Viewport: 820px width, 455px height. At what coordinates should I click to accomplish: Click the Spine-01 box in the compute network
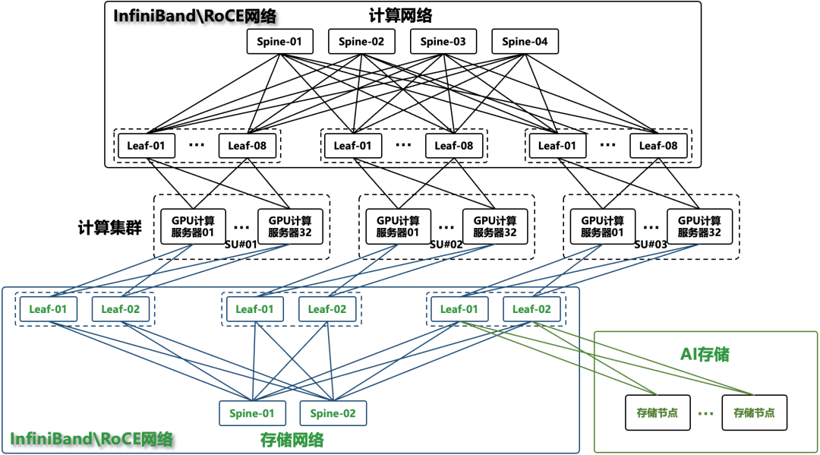click(x=279, y=41)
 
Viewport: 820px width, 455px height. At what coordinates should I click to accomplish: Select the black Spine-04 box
click(x=525, y=41)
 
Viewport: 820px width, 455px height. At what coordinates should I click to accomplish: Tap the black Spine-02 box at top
click(x=361, y=41)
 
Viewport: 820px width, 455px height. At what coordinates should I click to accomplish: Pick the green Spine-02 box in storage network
click(x=333, y=413)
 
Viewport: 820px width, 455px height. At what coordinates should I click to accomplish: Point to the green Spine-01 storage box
click(x=252, y=413)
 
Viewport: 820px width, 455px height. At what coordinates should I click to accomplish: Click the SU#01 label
click(x=241, y=245)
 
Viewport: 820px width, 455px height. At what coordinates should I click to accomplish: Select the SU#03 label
click(x=651, y=245)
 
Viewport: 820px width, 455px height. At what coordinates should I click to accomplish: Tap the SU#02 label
click(x=446, y=245)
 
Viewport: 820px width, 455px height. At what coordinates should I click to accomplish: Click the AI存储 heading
click(x=705, y=355)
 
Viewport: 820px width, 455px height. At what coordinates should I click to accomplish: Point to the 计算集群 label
click(x=110, y=228)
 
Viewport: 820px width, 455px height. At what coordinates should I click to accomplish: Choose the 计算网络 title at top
click(x=401, y=16)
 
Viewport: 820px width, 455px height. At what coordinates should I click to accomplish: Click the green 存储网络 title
click(x=292, y=440)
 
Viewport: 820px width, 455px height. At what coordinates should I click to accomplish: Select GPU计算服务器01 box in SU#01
click(x=193, y=226)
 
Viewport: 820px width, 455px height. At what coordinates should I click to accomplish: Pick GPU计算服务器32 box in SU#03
click(x=699, y=226)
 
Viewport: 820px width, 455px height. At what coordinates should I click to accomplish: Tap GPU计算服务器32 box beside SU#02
click(x=495, y=226)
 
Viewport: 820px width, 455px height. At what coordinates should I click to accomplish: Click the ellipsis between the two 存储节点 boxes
click(x=706, y=414)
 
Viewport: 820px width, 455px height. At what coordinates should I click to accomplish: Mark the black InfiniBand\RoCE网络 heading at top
click(x=194, y=16)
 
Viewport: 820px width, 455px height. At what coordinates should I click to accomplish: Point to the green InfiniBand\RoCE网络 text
click(x=92, y=439)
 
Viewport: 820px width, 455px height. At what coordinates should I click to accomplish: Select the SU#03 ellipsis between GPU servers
click(x=651, y=228)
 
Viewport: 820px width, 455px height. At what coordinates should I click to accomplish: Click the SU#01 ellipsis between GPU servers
click(x=241, y=228)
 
